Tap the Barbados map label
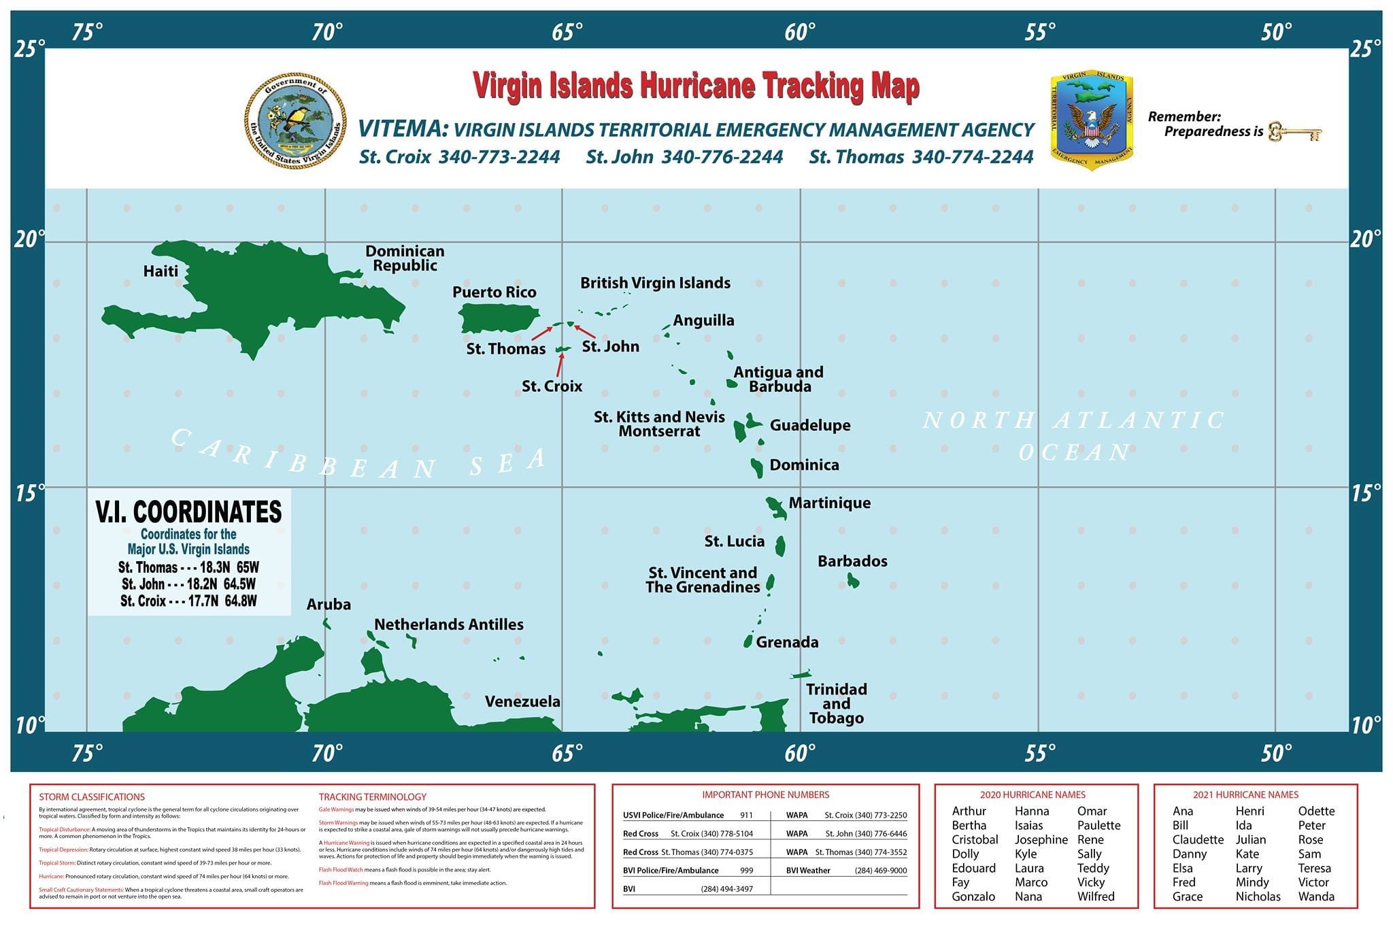(852, 561)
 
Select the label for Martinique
(829, 503)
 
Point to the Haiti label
(161, 271)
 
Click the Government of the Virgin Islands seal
(295, 122)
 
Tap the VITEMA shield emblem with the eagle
(1091, 120)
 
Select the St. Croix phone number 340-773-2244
(499, 157)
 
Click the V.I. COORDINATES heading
(188, 511)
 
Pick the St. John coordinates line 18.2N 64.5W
(188, 584)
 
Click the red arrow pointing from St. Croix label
(560, 365)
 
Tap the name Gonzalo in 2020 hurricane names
(973, 896)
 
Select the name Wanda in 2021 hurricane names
(1315, 896)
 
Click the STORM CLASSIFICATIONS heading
(92, 796)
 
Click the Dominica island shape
(757, 467)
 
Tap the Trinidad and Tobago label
(836, 703)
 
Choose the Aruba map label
(329, 604)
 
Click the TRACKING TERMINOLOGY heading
(372, 796)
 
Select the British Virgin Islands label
(655, 283)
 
